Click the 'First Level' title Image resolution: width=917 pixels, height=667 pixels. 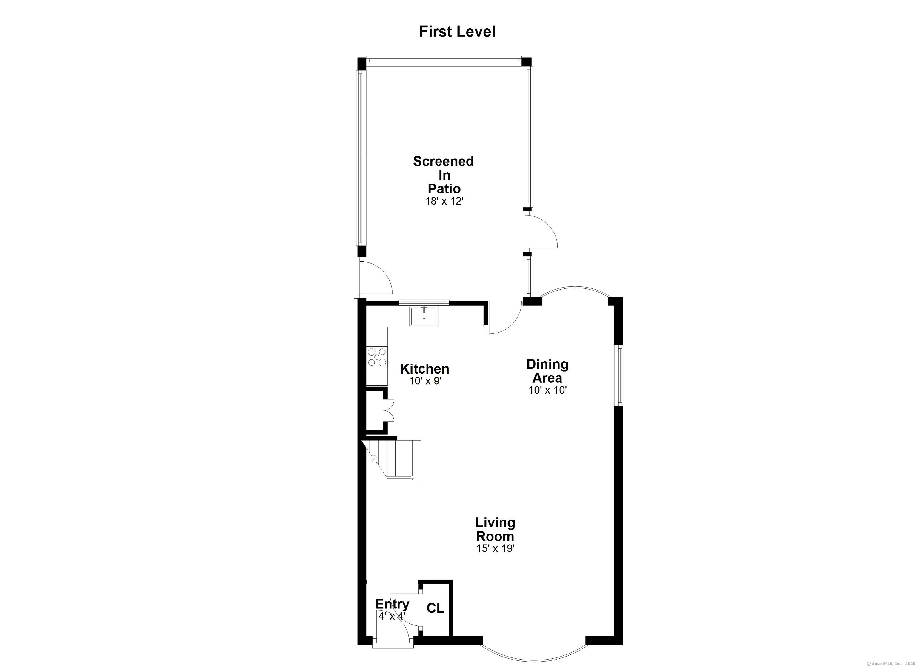(457, 32)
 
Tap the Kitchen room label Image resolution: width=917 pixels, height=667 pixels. (424, 369)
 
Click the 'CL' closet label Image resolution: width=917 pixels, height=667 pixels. (436, 608)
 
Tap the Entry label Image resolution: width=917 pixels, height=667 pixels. (392, 604)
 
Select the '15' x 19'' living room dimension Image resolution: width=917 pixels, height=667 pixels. (495, 548)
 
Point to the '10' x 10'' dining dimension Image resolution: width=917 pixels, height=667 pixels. (548, 390)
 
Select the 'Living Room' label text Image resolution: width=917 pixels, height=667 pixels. (495, 529)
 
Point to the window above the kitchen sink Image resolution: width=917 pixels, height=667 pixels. (424, 302)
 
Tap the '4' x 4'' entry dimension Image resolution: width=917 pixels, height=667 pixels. (392, 616)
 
